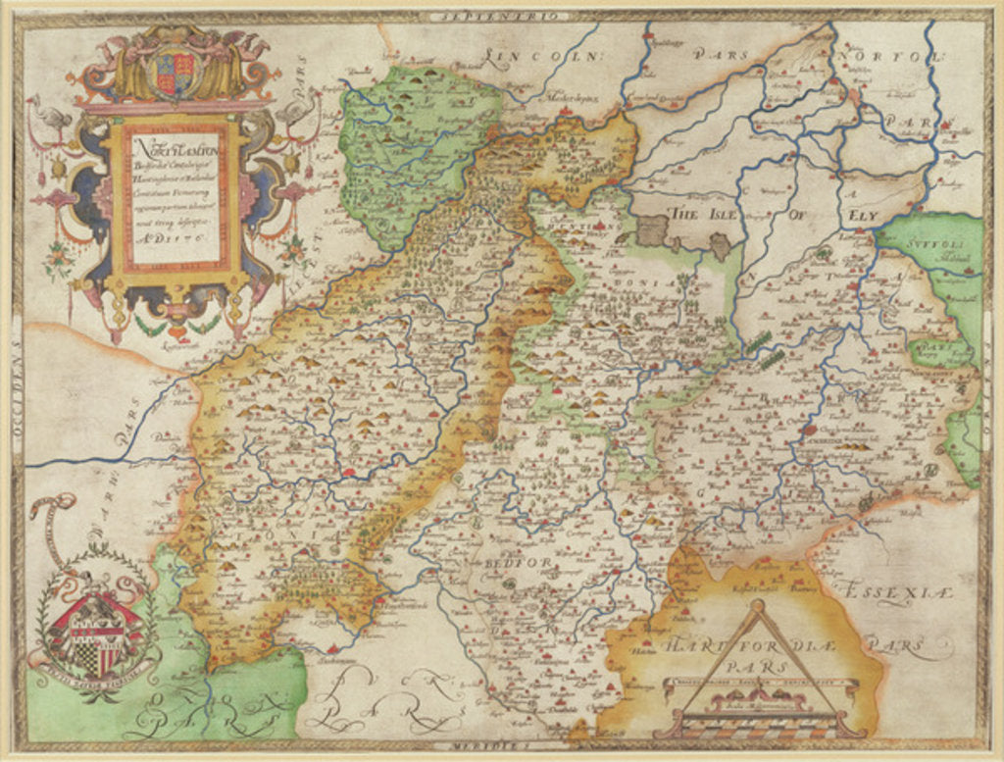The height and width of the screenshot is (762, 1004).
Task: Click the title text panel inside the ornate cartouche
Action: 173,197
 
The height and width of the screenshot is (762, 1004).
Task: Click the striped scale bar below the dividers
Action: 760,723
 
